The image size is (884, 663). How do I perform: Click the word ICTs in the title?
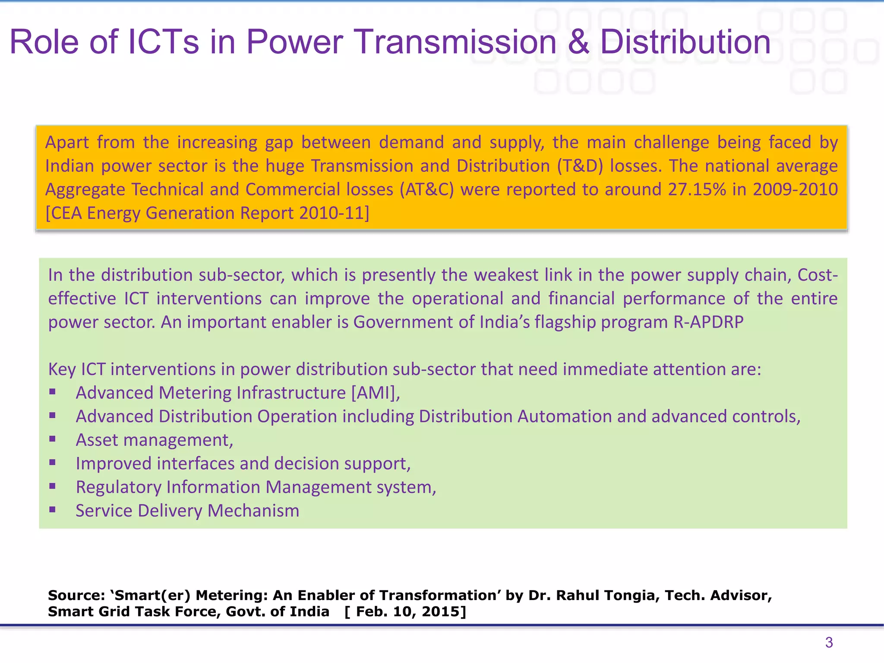click(164, 42)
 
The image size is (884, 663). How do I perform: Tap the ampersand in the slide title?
click(578, 42)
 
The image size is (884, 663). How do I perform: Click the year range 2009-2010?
click(795, 189)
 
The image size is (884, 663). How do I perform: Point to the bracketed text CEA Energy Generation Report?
click(207, 213)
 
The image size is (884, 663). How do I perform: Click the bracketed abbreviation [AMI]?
click(375, 393)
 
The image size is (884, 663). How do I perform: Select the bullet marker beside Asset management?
click(53, 439)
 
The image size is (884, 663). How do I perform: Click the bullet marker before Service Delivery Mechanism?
click(53, 510)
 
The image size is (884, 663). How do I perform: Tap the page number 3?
click(829, 642)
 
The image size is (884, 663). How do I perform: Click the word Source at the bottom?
click(76, 595)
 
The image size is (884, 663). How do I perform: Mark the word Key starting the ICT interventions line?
click(62, 369)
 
